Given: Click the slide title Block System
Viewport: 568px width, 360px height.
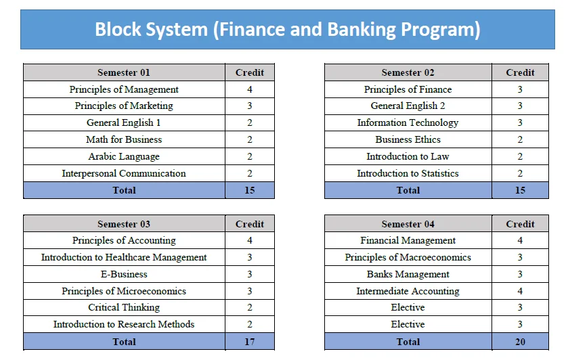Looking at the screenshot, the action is point(287,29).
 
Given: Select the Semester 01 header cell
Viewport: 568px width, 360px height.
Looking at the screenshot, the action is point(124,72).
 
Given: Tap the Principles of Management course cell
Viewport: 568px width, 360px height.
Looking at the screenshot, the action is point(124,89).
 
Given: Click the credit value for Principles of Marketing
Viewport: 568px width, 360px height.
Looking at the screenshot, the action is point(250,106).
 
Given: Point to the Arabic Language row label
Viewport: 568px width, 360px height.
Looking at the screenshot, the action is point(124,156).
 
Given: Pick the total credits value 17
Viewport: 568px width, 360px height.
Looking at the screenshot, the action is point(250,342).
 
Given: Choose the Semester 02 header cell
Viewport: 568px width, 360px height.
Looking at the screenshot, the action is point(408,72).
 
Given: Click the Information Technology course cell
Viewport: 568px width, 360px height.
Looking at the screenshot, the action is point(408,122).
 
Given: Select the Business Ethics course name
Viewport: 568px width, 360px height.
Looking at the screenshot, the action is point(408,139).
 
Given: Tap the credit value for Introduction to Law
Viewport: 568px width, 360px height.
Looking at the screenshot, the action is point(520,156).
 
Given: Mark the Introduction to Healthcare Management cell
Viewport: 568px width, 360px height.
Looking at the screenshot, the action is point(124,257).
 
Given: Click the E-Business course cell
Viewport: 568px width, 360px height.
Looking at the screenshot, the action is point(124,274).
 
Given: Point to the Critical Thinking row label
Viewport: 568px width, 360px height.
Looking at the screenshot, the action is point(124,307).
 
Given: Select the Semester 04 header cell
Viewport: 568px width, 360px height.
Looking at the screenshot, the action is point(408,224).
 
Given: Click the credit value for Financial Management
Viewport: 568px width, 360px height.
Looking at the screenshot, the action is point(520,240).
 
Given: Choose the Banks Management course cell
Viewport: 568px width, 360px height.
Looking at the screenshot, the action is point(408,274).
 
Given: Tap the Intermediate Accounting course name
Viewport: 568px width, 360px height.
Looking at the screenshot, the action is point(408,291).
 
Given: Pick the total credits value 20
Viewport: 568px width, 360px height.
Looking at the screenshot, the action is point(520,342).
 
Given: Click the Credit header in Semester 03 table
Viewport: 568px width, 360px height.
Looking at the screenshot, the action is point(250,224).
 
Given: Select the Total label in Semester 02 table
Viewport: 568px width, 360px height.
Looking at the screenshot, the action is point(408,190).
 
